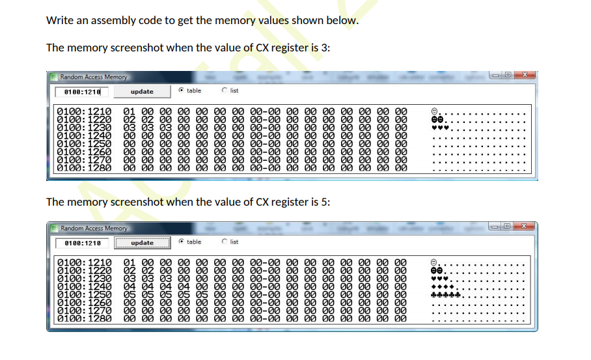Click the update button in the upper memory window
pos(141,92)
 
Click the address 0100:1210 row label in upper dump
pos(85,112)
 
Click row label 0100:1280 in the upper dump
pos(85,167)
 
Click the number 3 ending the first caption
pos(327,48)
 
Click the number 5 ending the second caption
pos(327,202)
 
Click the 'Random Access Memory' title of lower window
pos(94,228)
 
